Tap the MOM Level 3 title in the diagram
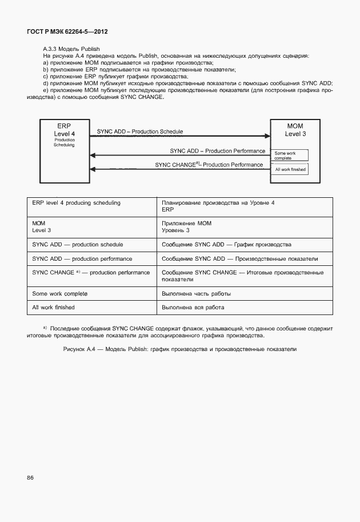point(295,130)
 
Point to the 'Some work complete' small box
point(290,155)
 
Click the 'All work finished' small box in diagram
point(290,169)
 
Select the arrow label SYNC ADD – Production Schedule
point(140,132)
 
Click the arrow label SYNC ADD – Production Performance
point(217,151)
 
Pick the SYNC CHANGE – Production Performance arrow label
point(209,165)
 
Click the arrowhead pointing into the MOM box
point(266,136)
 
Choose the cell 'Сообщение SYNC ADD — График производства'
point(226,244)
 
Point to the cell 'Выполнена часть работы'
point(196,293)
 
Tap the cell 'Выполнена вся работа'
point(193,307)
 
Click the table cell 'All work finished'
point(54,307)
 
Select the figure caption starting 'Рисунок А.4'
point(180,349)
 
